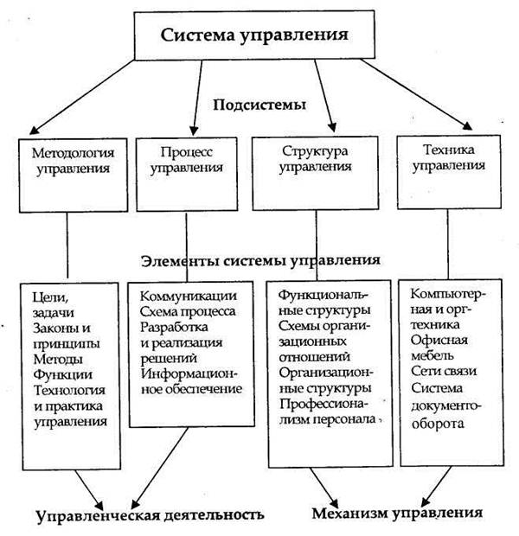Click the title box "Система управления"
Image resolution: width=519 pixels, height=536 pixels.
tap(254, 35)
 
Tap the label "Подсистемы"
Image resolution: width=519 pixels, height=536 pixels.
tap(259, 105)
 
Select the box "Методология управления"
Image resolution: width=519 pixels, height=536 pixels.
tap(74, 175)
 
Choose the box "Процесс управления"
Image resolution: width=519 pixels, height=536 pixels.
tap(187, 175)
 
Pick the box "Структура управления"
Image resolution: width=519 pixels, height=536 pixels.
tap(315, 173)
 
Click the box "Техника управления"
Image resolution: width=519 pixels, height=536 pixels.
tap(449, 172)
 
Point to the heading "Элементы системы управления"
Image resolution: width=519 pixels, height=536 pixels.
tap(260, 261)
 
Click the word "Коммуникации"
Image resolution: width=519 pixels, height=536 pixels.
tap(189, 296)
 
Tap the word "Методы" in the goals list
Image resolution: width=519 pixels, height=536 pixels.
tap(58, 359)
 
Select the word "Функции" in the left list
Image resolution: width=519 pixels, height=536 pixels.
tap(63, 374)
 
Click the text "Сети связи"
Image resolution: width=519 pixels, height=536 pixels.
tap(444, 371)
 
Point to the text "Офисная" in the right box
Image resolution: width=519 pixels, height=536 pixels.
tap(439, 340)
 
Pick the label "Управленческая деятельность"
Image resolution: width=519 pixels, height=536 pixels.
tap(150, 515)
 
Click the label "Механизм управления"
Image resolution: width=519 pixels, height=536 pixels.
tap(397, 514)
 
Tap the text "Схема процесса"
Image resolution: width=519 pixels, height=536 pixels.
tap(188, 311)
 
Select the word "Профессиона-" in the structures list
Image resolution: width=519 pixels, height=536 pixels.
tap(324, 404)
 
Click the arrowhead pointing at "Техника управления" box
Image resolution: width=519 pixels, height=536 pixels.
tap(467, 126)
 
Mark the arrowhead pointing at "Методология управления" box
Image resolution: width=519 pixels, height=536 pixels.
tap(34, 130)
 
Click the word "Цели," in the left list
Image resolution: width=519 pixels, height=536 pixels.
tap(51, 297)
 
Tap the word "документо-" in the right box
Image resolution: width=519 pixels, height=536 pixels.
tap(446, 406)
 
